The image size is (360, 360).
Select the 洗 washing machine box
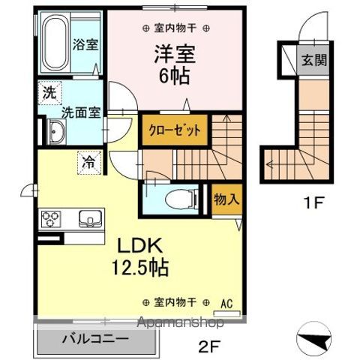pos(48,94)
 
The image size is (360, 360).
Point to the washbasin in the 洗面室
pos(55,133)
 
